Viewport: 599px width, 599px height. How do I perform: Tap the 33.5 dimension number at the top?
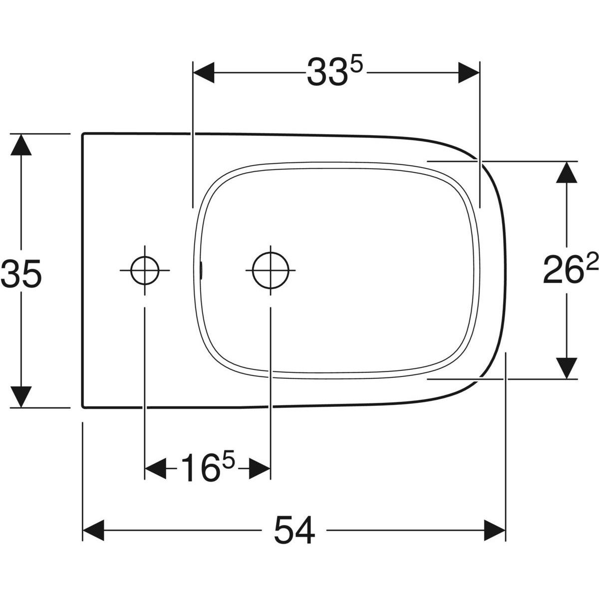pos(334,72)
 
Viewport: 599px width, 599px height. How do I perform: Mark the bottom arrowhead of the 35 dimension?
pos(20,396)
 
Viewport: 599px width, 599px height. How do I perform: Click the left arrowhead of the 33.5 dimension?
pos(204,72)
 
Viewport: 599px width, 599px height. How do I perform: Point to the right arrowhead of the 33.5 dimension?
pos(469,72)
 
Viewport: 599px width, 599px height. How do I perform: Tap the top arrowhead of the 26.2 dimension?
pos(566,172)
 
